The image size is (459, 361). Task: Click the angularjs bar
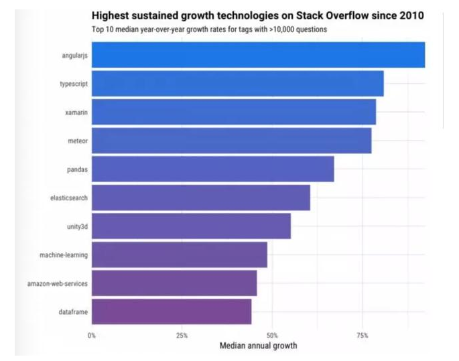pyautogui.click(x=258, y=55)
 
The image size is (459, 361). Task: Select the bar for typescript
pyautogui.click(x=237, y=84)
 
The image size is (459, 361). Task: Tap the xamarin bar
pyautogui.click(x=233, y=112)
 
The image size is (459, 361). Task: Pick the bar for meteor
pyautogui.click(x=231, y=141)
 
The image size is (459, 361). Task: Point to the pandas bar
pyautogui.click(x=212, y=169)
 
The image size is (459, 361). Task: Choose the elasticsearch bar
pyautogui.click(x=200, y=198)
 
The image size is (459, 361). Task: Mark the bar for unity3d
pyautogui.click(x=191, y=226)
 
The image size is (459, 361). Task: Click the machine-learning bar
pyautogui.click(x=179, y=255)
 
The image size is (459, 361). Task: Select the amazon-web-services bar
pyautogui.click(x=174, y=283)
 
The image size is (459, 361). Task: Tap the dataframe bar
pyautogui.click(x=171, y=312)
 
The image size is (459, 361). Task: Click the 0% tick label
pyautogui.click(x=92, y=335)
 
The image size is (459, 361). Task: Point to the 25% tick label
pyautogui.click(x=182, y=335)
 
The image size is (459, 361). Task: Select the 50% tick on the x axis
pyautogui.click(x=272, y=335)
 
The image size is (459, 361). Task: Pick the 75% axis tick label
pyautogui.click(x=362, y=335)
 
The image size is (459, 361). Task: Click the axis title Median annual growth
pyautogui.click(x=258, y=346)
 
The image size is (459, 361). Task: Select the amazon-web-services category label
pyautogui.click(x=57, y=283)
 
